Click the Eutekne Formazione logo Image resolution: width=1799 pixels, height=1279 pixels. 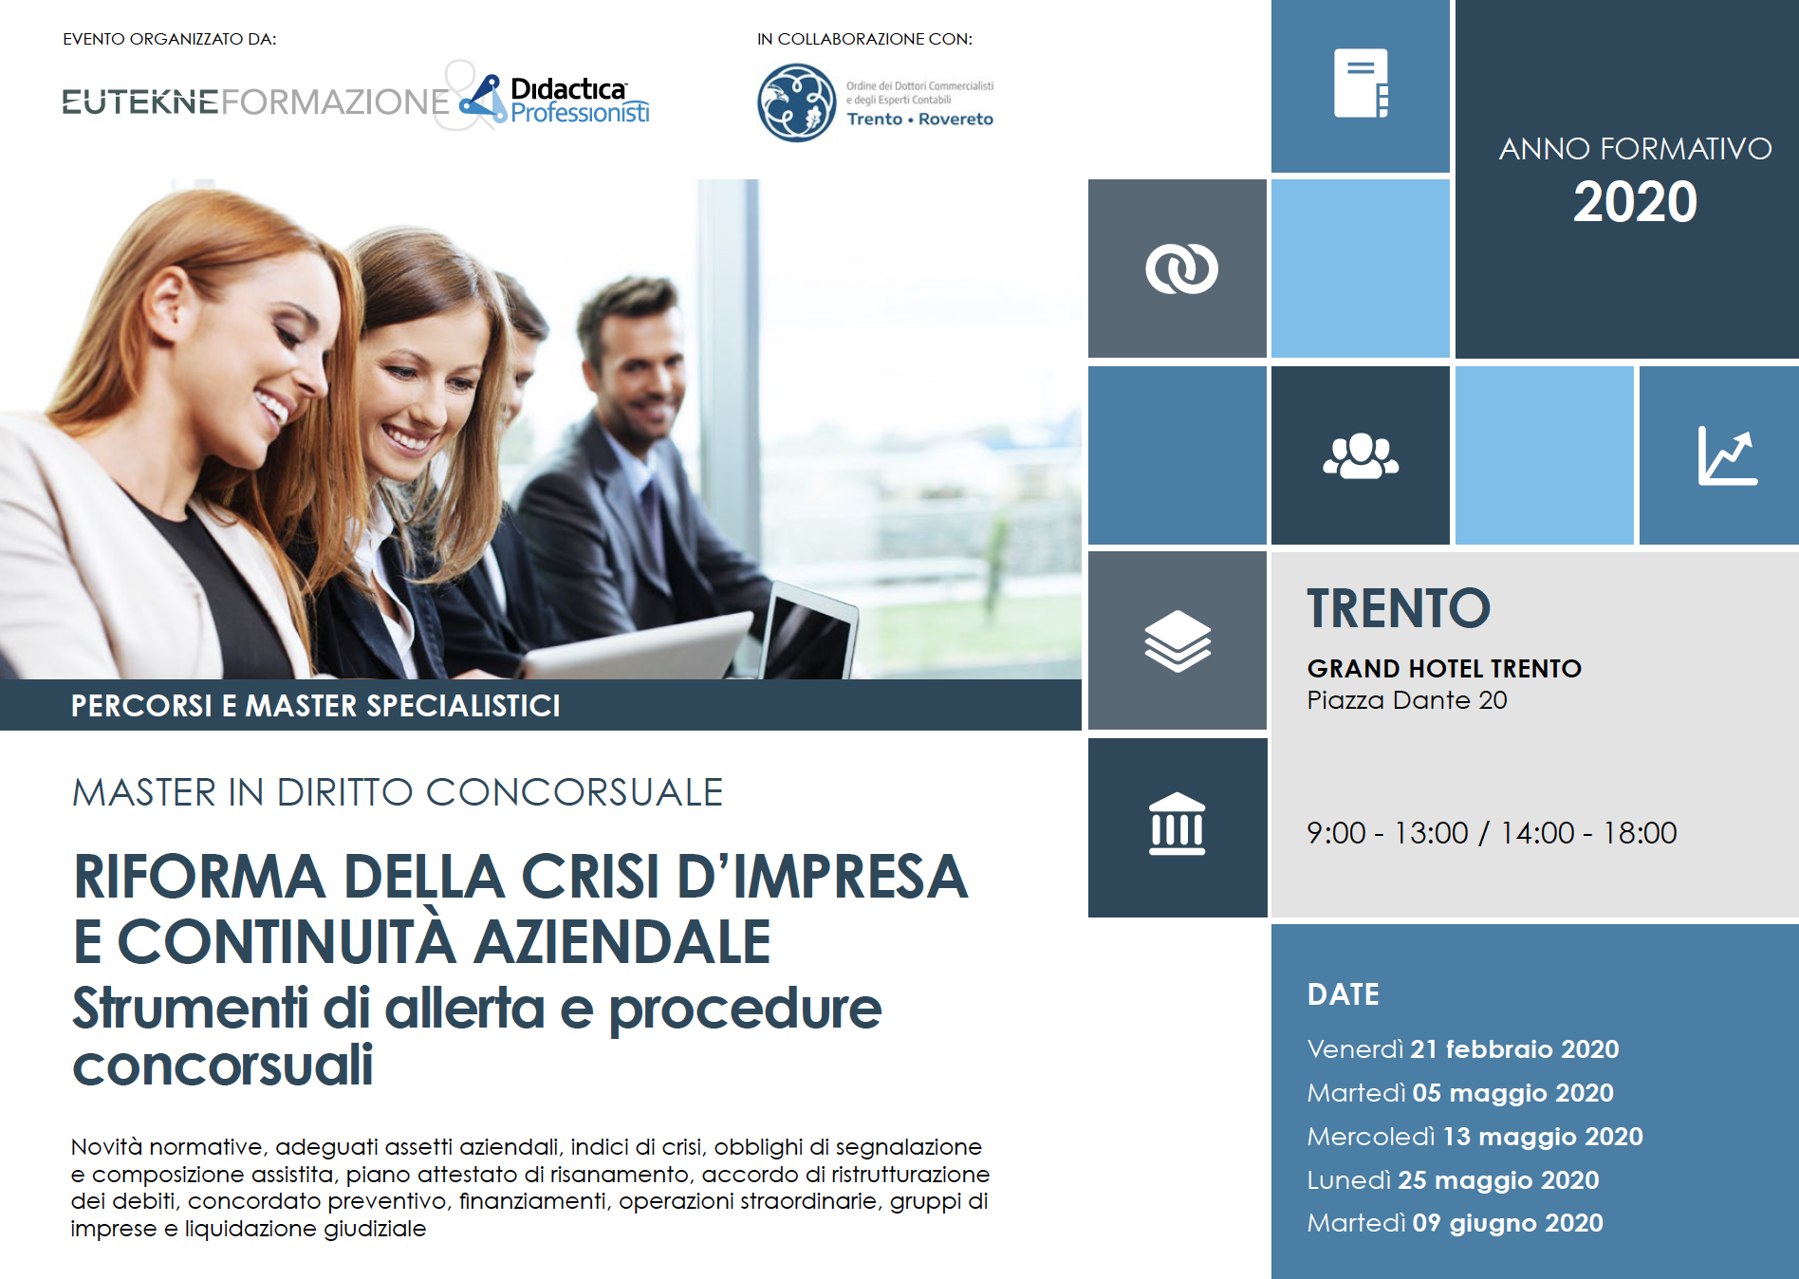255,101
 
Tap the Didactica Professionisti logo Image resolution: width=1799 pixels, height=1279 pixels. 556,100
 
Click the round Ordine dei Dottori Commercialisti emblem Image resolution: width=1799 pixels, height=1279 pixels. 797,102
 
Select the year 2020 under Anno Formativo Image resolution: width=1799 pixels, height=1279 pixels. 1635,202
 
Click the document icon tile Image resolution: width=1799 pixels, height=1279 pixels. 1361,83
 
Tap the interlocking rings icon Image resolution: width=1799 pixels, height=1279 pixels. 1181,269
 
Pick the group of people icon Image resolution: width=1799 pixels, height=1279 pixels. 1361,455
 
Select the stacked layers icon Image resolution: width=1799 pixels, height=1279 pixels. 1178,640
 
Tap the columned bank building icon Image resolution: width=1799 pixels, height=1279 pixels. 1178,824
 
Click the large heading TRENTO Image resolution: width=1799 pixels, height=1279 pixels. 1399,608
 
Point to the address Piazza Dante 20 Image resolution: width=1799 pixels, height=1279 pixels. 1407,700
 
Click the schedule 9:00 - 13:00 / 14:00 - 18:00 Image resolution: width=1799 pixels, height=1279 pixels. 1492,833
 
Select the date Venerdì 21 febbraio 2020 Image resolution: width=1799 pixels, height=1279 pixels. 1463,1049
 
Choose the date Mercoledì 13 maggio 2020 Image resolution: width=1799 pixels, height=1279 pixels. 1475,1137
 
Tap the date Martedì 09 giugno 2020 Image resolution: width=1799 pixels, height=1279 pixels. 1456,1223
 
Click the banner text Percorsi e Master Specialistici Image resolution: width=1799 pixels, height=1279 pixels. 316,706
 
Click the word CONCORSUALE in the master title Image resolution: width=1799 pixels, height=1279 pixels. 574,792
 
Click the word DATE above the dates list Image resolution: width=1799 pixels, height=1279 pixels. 1344,994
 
